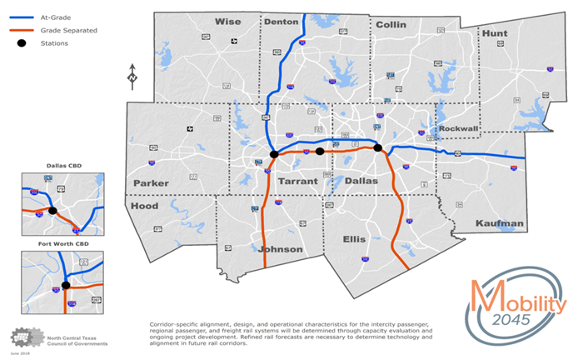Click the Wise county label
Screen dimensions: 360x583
(x=227, y=22)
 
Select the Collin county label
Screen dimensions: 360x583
(x=391, y=24)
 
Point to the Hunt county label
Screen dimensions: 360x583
(x=494, y=32)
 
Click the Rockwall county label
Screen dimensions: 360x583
(x=460, y=128)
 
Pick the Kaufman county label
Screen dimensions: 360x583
(x=500, y=223)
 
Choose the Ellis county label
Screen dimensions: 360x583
(x=354, y=239)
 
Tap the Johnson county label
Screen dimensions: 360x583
(x=281, y=248)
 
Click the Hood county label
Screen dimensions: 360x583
(x=144, y=206)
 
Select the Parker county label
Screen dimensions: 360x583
(x=151, y=182)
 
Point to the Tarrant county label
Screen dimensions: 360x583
(x=297, y=181)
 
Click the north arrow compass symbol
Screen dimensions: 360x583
(x=132, y=77)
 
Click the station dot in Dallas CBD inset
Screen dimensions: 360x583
(x=52, y=211)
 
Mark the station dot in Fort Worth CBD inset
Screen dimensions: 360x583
(x=65, y=286)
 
